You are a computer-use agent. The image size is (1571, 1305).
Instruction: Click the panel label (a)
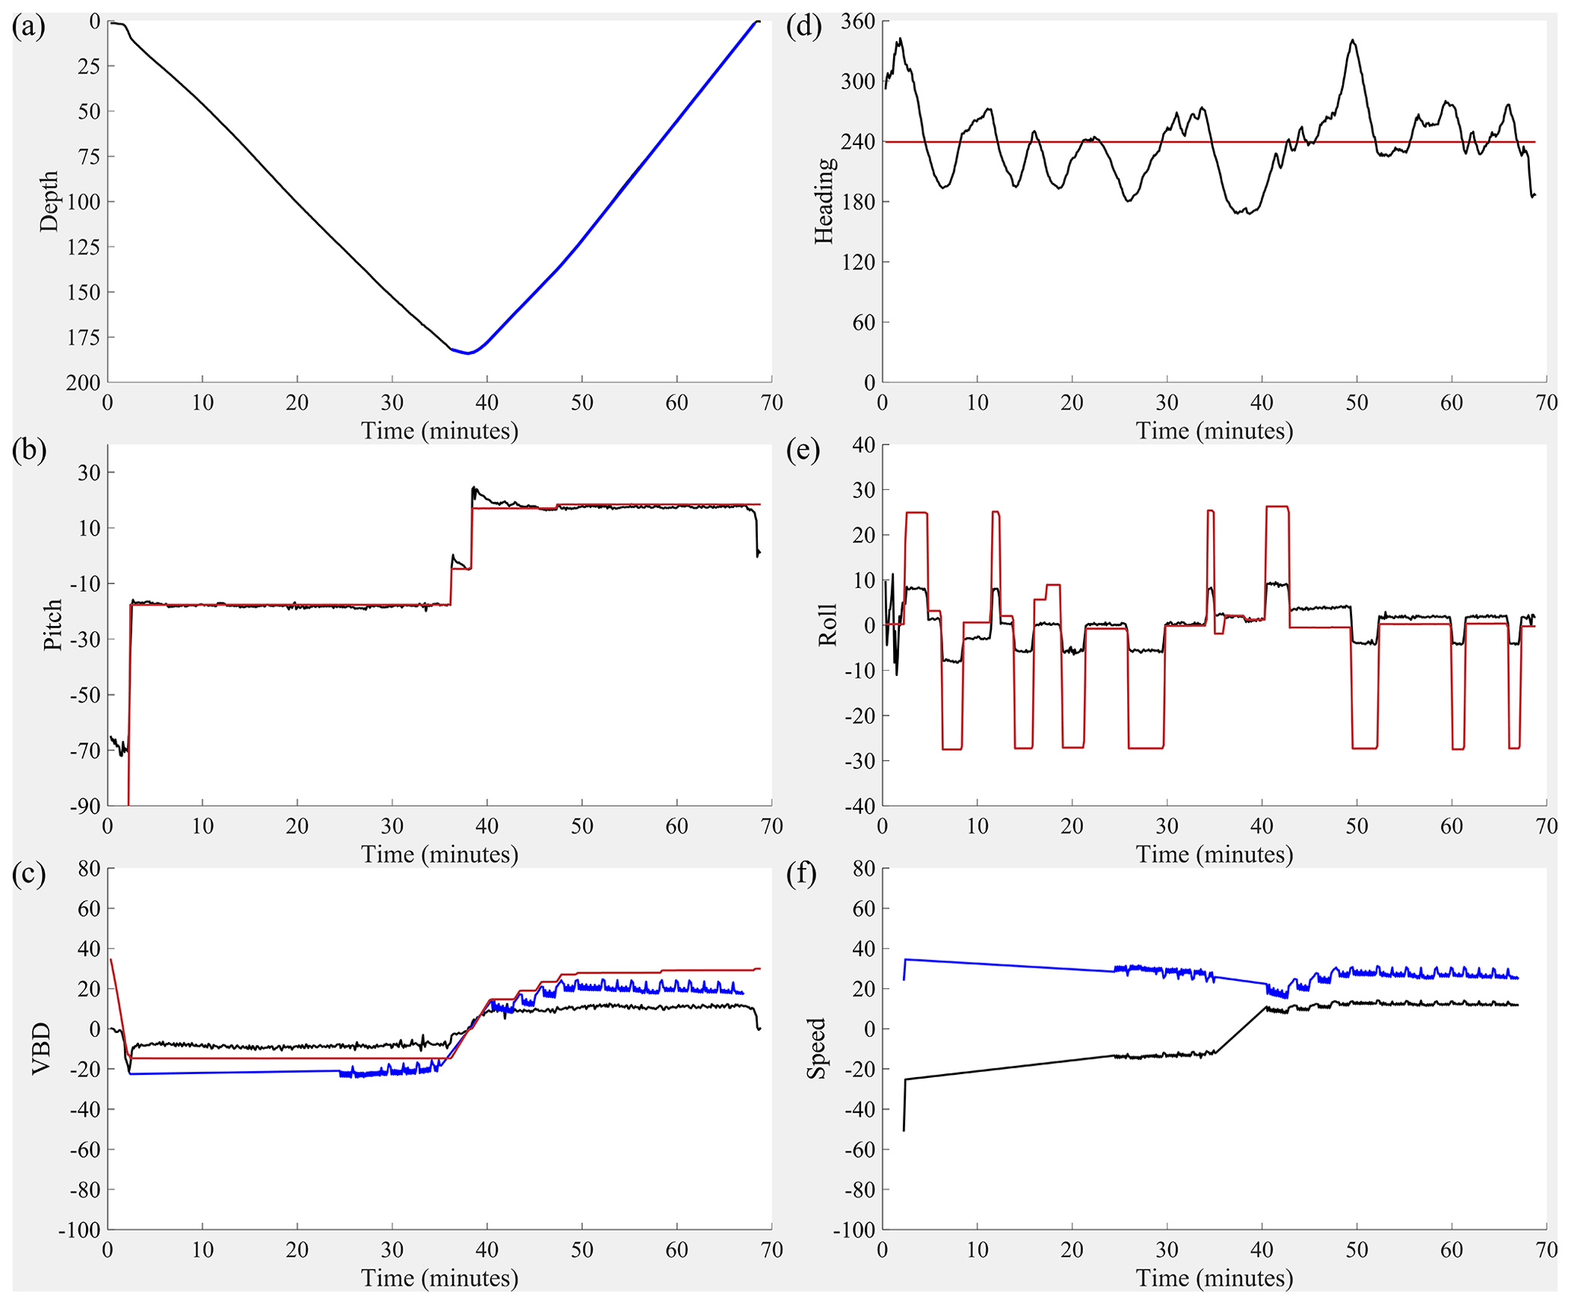pos(29,27)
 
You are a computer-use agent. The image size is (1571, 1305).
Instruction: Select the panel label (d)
pos(804,27)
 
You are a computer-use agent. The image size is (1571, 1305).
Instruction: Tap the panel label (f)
pos(803,875)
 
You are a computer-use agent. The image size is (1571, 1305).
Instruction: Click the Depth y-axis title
pos(49,201)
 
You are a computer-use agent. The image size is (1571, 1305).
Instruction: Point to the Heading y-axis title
pos(825,201)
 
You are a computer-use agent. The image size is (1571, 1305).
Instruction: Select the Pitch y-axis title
pos(52,624)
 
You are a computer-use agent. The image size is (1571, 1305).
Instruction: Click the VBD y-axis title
pos(42,1048)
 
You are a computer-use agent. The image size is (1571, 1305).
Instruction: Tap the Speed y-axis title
pos(817,1048)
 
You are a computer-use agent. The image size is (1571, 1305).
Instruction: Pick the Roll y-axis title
pos(828,624)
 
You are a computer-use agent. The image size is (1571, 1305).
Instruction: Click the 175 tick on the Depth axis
pos(84,337)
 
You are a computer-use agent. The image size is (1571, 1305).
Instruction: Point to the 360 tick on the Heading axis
pos(858,21)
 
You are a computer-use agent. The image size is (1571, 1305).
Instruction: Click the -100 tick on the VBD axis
pos(80,1230)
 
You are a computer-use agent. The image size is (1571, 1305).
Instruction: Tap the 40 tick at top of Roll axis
pos(863,445)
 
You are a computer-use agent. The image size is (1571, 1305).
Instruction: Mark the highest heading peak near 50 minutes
pos(1353,39)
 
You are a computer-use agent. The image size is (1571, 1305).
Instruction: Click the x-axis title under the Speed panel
pos(1215,1278)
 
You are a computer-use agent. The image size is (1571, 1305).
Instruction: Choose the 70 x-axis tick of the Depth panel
pos(771,403)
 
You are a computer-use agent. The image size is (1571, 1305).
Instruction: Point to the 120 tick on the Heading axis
pos(858,262)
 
